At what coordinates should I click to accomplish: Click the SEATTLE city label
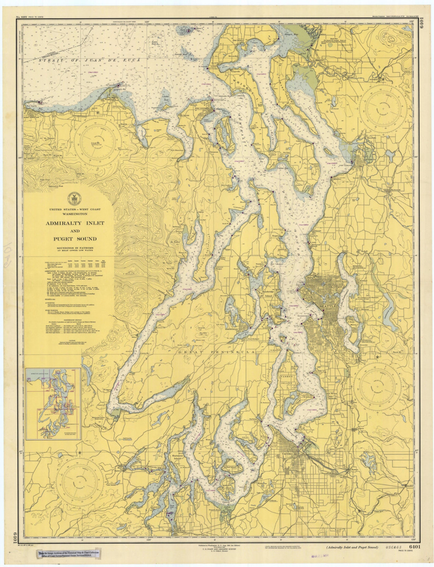(329, 306)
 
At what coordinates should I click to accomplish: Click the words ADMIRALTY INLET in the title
(75, 223)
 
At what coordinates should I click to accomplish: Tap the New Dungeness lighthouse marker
(118, 85)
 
